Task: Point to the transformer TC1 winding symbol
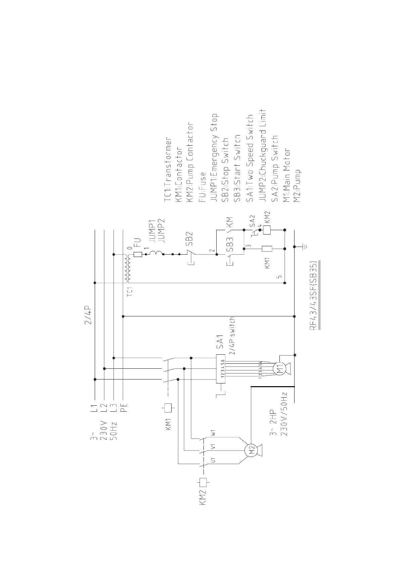pyautogui.click(x=127, y=268)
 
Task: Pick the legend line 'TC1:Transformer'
pyautogui.click(x=168, y=170)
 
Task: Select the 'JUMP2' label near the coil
pyautogui.click(x=161, y=230)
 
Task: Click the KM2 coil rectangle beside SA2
pyautogui.click(x=267, y=230)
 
